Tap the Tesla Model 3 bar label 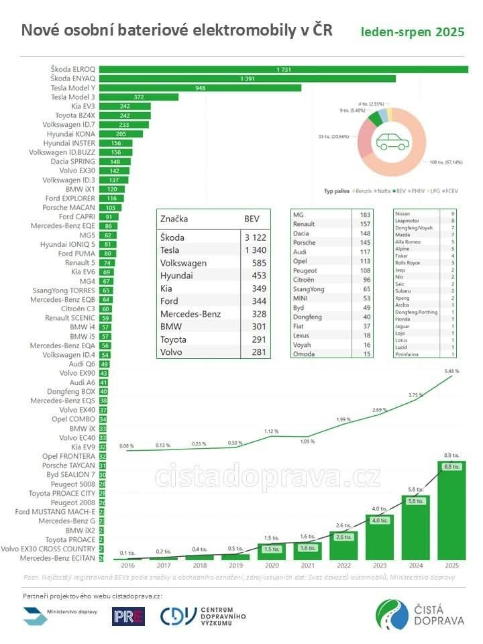(74, 97)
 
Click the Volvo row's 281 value (258, 352)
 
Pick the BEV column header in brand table (251, 219)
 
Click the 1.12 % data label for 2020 (271, 431)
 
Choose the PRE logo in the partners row (128, 616)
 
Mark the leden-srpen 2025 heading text (412, 32)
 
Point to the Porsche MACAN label (74, 208)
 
